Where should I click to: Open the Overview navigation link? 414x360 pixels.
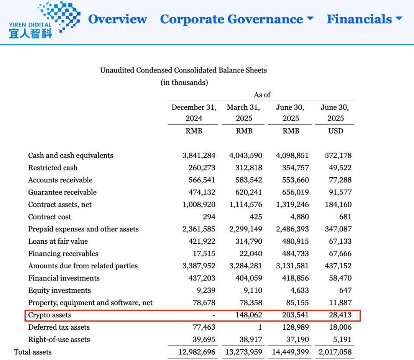(x=117, y=19)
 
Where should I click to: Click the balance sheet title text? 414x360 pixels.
(x=183, y=70)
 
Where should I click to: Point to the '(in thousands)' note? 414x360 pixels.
(x=184, y=83)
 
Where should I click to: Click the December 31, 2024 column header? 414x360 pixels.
(x=194, y=113)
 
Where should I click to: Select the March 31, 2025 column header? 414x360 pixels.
(x=243, y=113)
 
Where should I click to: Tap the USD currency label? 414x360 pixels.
(x=335, y=131)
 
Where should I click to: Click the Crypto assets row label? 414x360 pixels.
(x=50, y=315)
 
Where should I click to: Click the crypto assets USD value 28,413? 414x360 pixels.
(x=340, y=315)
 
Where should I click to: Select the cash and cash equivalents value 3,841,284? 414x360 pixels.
(x=199, y=155)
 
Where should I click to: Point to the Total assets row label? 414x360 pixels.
(x=33, y=352)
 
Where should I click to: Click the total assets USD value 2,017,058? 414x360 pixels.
(x=335, y=352)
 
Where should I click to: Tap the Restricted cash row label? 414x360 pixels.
(x=53, y=168)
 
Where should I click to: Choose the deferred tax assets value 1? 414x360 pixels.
(x=260, y=327)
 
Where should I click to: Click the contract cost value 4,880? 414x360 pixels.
(x=299, y=217)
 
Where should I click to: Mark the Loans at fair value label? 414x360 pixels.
(x=58, y=241)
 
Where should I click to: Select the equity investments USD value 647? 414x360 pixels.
(x=345, y=291)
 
